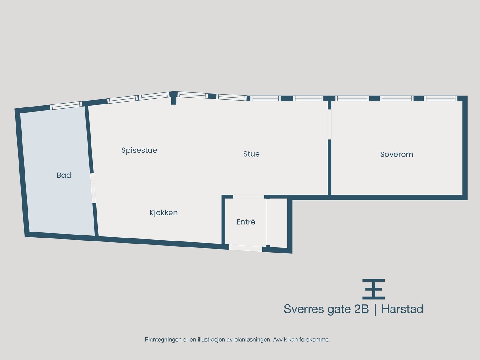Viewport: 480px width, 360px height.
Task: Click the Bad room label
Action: (x=64, y=175)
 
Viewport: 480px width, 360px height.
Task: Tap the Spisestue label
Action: (x=139, y=150)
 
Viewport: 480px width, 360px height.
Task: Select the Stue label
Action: (x=251, y=154)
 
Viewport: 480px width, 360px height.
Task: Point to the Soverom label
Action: (x=397, y=154)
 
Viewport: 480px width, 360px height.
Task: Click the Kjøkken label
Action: (x=163, y=213)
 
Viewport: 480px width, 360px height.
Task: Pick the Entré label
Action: (x=246, y=222)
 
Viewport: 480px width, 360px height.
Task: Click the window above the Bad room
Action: (x=66, y=105)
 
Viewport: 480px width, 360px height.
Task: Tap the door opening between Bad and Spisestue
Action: (x=93, y=188)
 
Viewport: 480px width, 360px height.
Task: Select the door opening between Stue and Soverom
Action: (x=329, y=124)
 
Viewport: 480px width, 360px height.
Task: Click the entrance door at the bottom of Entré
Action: (x=246, y=248)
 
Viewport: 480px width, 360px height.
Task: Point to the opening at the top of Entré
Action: (x=249, y=197)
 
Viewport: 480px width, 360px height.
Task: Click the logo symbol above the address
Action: (x=373, y=289)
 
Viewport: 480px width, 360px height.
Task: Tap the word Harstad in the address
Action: (x=402, y=309)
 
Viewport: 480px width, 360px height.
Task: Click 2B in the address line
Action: (x=361, y=309)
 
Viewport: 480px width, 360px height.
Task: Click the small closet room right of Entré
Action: (x=279, y=223)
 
